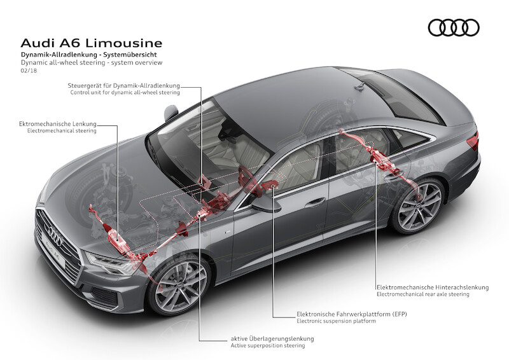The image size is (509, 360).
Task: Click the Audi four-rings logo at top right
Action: [x=453, y=27]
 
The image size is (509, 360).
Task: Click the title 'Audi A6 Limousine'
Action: [x=92, y=43]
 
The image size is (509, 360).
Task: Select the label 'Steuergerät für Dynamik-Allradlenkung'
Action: [x=124, y=85]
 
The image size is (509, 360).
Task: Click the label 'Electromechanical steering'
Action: [x=62, y=130]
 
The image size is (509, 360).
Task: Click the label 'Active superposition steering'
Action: [x=267, y=346]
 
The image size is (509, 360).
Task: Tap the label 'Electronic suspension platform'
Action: [x=336, y=322]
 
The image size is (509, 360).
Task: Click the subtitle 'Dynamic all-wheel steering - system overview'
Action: [x=92, y=63]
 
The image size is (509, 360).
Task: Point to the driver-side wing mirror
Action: [x=265, y=203]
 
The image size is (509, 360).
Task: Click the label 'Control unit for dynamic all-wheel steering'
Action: [x=125, y=93]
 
